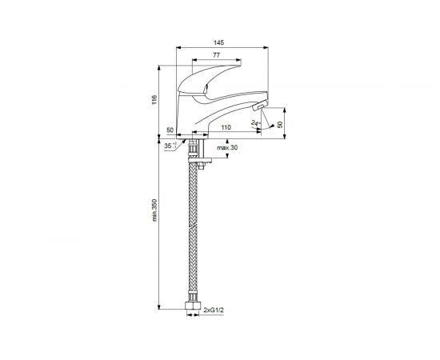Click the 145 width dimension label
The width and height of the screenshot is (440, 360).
pos(218,42)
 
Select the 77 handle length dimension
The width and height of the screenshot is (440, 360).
pos(216,55)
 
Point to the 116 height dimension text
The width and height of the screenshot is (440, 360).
pos(154,100)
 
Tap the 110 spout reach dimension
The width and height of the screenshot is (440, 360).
pos(226,127)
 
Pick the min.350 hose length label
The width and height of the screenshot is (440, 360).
pos(154,210)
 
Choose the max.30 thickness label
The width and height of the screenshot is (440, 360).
pos(227,147)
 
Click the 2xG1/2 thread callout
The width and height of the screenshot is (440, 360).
pos(214,310)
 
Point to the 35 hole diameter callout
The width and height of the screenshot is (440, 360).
pos(170,146)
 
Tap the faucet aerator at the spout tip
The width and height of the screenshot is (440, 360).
pos(258,106)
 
